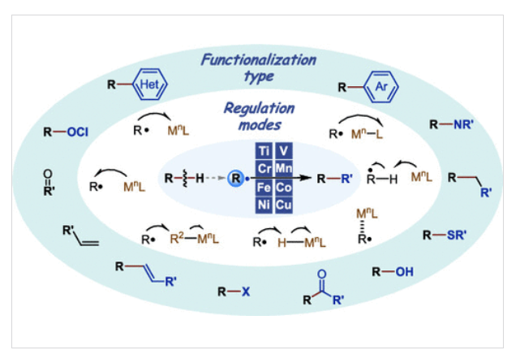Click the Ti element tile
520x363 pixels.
click(264, 151)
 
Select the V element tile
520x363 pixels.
click(284, 151)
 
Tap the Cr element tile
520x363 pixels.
click(264, 169)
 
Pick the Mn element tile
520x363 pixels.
click(284, 169)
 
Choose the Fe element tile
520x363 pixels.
click(264, 188)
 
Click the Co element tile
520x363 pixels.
click(284, 188)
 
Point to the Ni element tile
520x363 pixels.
click(264, 205)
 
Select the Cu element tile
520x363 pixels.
click(284, 205)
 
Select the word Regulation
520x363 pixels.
click(260, 108)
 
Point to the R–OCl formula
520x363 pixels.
click(66, 132)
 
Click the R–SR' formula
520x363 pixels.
click(445, 236)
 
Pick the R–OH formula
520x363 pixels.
click(393, 272)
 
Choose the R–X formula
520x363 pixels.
click(234, 292)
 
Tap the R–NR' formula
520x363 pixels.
click(452, 125)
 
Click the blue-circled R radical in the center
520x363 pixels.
click(236, 179)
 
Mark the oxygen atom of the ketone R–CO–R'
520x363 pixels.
click(322, 274)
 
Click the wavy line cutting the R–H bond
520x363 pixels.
click(184, 179)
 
